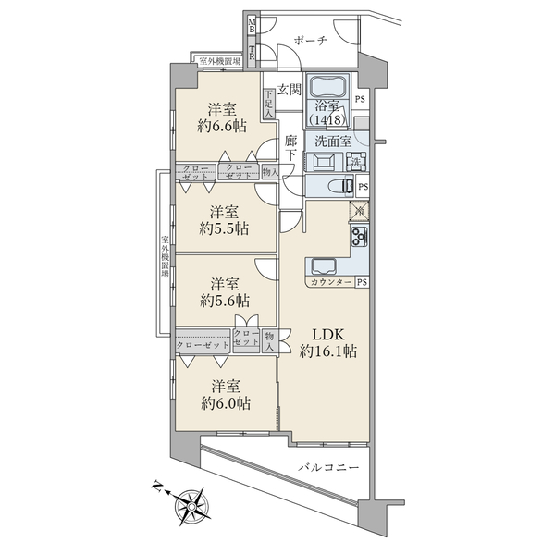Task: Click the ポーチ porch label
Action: coord(310,41)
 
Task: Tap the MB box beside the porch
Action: coord(252,25)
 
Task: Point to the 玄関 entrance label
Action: coord(289,89)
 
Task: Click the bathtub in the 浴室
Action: coord(327,86)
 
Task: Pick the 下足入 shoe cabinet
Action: coord(269,104)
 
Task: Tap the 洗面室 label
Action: coord(333,142)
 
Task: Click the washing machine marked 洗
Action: coord(355,161)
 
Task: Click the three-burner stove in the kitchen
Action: coord(359,237)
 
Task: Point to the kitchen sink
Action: coord(324,266)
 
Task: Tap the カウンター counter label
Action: coord(331,282)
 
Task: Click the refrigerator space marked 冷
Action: coord(359,211)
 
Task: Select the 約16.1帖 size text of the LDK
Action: coord(328,351)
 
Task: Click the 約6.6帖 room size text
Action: coord(222,126)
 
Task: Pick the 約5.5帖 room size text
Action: coord(224,229)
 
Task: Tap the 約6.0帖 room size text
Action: coord(226,403)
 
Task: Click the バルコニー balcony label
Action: coord(328,468)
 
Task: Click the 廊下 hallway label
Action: coord(291,148)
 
